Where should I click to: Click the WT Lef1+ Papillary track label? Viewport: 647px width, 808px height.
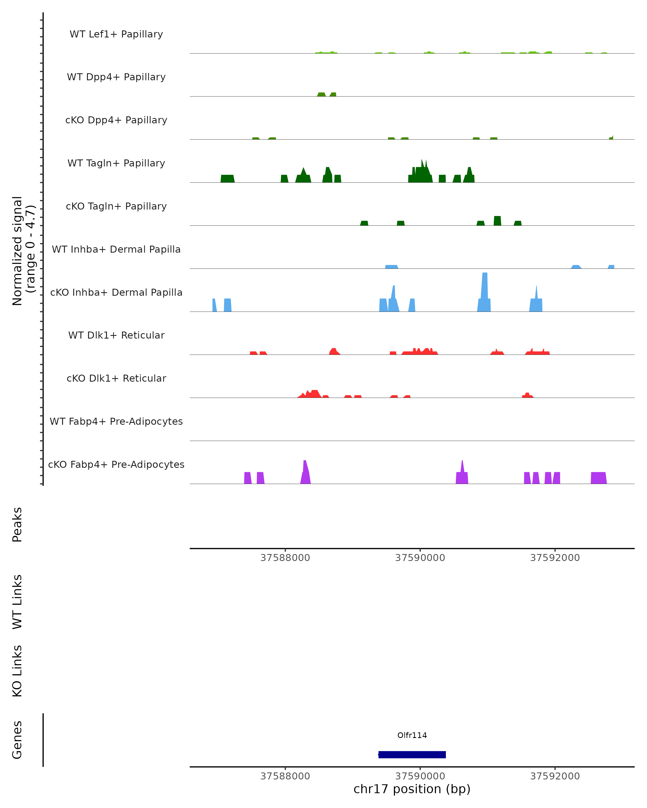tap(116, 34)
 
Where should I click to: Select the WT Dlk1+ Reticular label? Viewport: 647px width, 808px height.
tap(116, 335)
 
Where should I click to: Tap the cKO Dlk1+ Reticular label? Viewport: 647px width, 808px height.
tap(116, 378)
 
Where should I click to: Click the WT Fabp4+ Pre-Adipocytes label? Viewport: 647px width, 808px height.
tap(116, 421)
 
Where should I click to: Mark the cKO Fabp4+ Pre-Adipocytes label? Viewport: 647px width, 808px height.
tap(116, 464)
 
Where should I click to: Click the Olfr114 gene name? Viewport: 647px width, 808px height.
tap(412, 735)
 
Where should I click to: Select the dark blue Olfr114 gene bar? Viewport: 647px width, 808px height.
tap(412, 754)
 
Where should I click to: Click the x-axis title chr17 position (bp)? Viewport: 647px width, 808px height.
tap(412, 789)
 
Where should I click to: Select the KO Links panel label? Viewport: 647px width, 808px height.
tap(17, 671)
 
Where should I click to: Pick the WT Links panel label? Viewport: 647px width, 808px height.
tap(17, 602)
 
